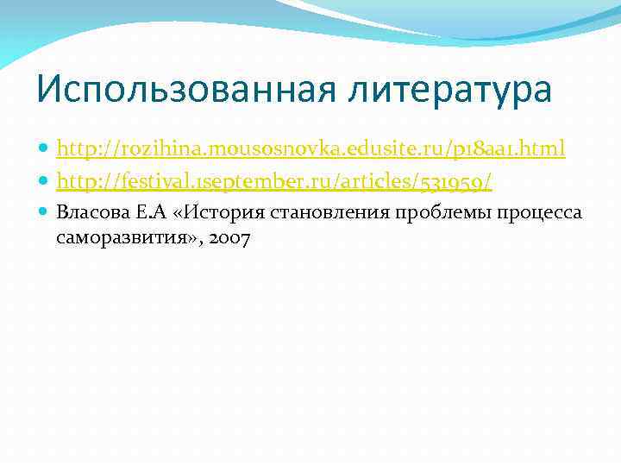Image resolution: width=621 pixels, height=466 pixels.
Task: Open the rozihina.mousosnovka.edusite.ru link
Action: (x=310, y=149)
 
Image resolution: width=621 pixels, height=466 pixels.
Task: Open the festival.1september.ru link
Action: (x=273, y=181)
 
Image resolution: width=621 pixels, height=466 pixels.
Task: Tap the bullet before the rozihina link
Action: (x=44, y=150)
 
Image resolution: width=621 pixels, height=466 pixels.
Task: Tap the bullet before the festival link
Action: (x=44, y=182)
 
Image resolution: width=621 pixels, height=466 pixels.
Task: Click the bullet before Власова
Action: (x=44, y=213)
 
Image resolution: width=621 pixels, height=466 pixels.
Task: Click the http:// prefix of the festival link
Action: (x=85, y=181)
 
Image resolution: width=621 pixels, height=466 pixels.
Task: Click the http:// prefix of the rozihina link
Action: (x=85, y=149)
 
